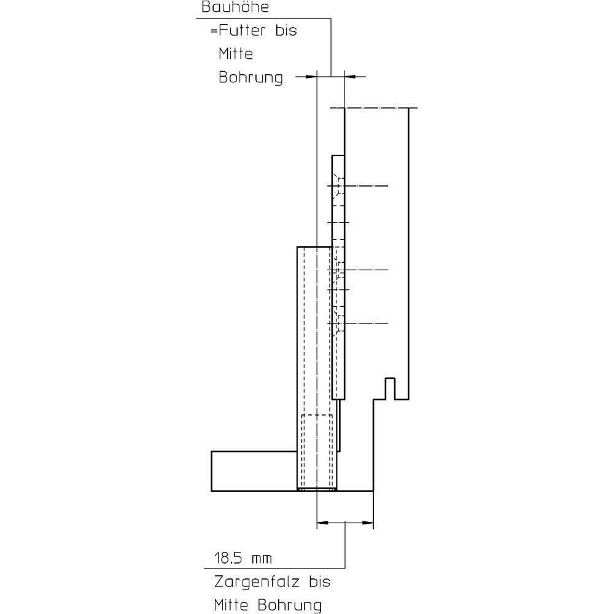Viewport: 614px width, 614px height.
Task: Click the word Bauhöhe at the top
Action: pyautogui.click(x=235, y=7)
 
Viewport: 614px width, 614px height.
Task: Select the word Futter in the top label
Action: pyautogui.click(x=242, y=31)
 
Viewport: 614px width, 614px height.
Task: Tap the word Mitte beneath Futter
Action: pyautogui.click(x=236, y=53)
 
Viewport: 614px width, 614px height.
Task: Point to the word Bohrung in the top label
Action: pyautogui.click(x=251, y=77)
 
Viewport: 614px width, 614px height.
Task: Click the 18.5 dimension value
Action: pyautogui.click(x=228, y=558)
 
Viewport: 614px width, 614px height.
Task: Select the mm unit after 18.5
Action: pyautogui.click(x=262, y=559)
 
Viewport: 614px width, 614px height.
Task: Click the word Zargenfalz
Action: pyautogui.click(x=257, y=583)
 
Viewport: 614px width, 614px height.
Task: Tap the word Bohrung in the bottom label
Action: pyautogui.click(x=290, y=606)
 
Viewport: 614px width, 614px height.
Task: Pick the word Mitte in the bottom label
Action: pyautogui.click(x=231, y=605)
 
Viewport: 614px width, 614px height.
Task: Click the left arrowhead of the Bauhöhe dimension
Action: pyautogui.click(x=311, y=77)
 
